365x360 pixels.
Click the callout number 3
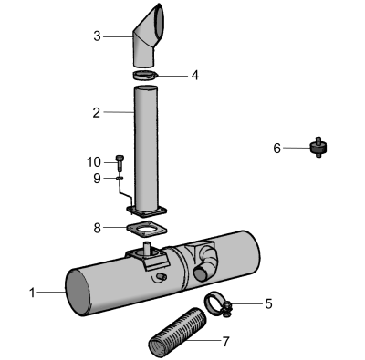(x=97, y=36)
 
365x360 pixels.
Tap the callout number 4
(x=195, y=75)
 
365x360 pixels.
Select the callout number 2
(x=97, y=113)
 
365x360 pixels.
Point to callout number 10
(x=94, y=162)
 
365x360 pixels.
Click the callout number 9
(x=97, y=179)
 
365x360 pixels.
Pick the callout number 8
(x=97, y=228)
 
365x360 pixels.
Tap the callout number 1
(x=32, y=293)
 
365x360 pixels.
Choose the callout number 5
(x=268, y=303)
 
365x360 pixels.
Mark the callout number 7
(x=225, y=342)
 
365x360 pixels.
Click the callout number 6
(x=276, y=149)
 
